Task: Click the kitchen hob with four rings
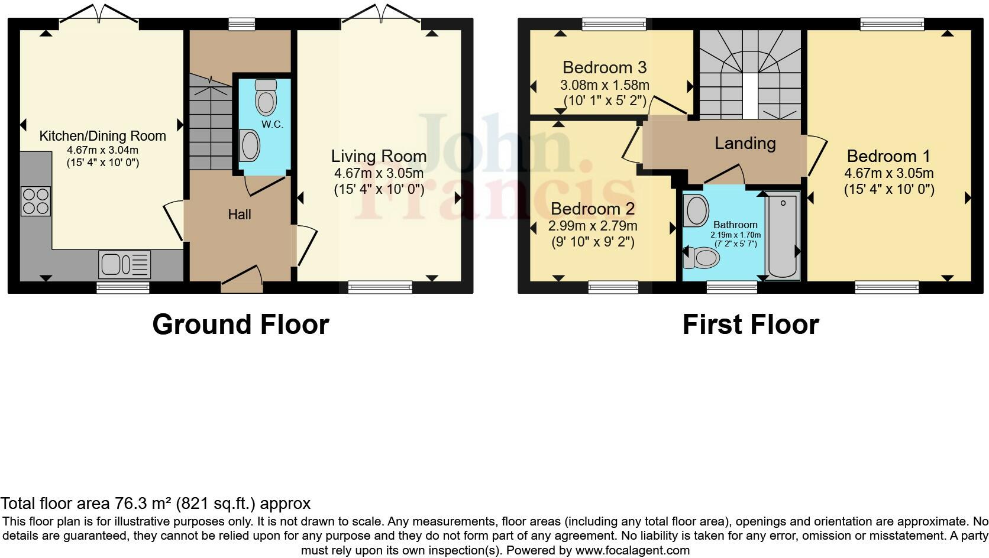click(35, 201)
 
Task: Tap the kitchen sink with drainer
click(124, 264)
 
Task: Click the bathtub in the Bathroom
click(783, 235)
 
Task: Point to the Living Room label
click(379, 156)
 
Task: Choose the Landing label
click(745, 143)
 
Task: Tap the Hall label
click(240, 215)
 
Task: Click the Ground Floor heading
click(240, 325)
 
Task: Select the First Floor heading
click(750, 325)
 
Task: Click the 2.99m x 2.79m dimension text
click(593, 226)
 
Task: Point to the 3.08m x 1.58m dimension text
click(605, 85)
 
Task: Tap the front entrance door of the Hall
click(241, 279)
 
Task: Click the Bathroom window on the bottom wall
click(732, 287)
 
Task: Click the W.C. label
click(273, 124)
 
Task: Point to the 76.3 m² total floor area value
click(142, 504)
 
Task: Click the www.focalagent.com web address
click(632, 550)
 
